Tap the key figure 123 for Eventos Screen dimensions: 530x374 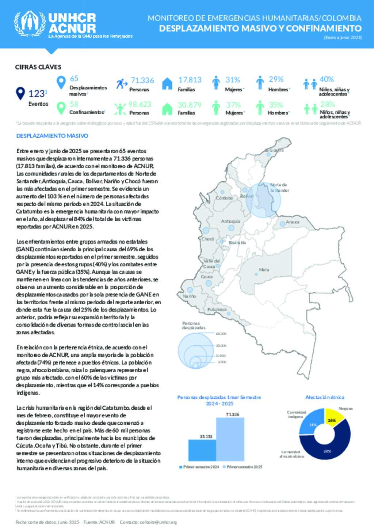37,94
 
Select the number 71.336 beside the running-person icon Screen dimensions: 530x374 142,80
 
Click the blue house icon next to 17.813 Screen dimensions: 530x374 167,84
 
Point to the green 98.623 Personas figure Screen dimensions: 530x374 140,105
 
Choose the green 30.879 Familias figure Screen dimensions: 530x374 189,105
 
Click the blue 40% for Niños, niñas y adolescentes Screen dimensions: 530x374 327,79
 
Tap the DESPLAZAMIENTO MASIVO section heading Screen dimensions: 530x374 52,136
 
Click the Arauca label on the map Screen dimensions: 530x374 293,222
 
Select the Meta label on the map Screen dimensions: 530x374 264,270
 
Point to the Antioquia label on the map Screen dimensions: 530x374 230,221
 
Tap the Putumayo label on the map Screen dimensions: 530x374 217,310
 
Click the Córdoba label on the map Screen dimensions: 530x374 224,198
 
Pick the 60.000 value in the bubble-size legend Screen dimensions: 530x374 221,334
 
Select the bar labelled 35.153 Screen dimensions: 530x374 202,450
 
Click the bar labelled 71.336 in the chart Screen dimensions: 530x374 230,439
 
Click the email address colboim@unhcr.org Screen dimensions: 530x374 158,522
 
